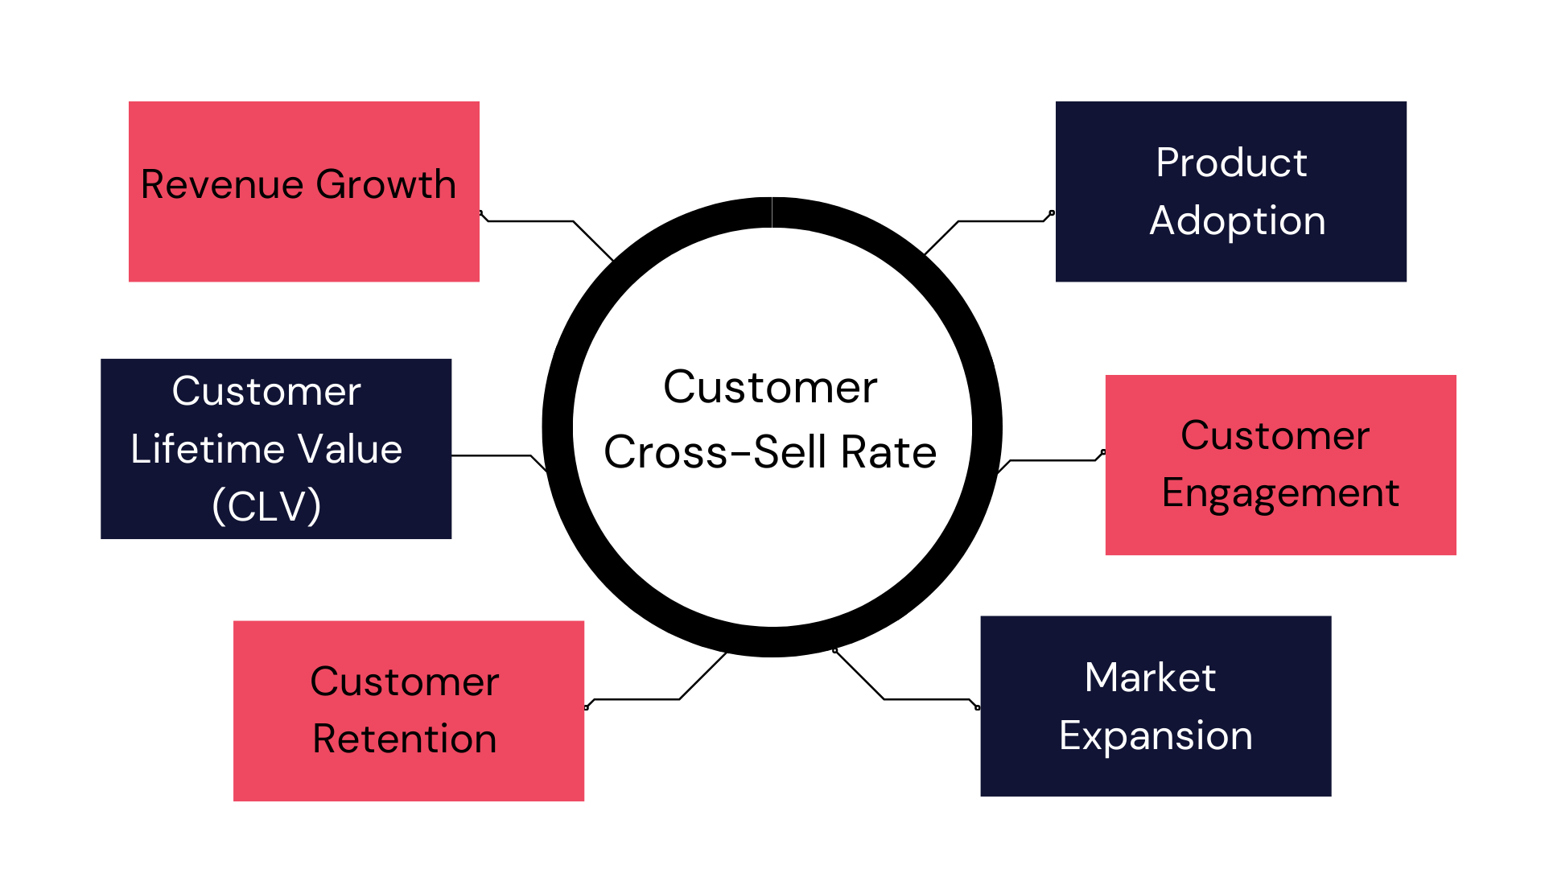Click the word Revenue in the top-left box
(223, 184)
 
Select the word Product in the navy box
(1231, 163)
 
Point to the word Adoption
(1238, 221)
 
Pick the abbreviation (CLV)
(266, 506)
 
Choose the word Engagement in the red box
(1280, 493)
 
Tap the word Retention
(405, 739)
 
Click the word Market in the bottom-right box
(1150, 677)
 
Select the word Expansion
(1156, 735)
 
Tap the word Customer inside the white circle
(770, 388)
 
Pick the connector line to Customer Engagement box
(1050, 461)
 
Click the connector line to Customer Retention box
(636, 699)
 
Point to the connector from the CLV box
(491, 455)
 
